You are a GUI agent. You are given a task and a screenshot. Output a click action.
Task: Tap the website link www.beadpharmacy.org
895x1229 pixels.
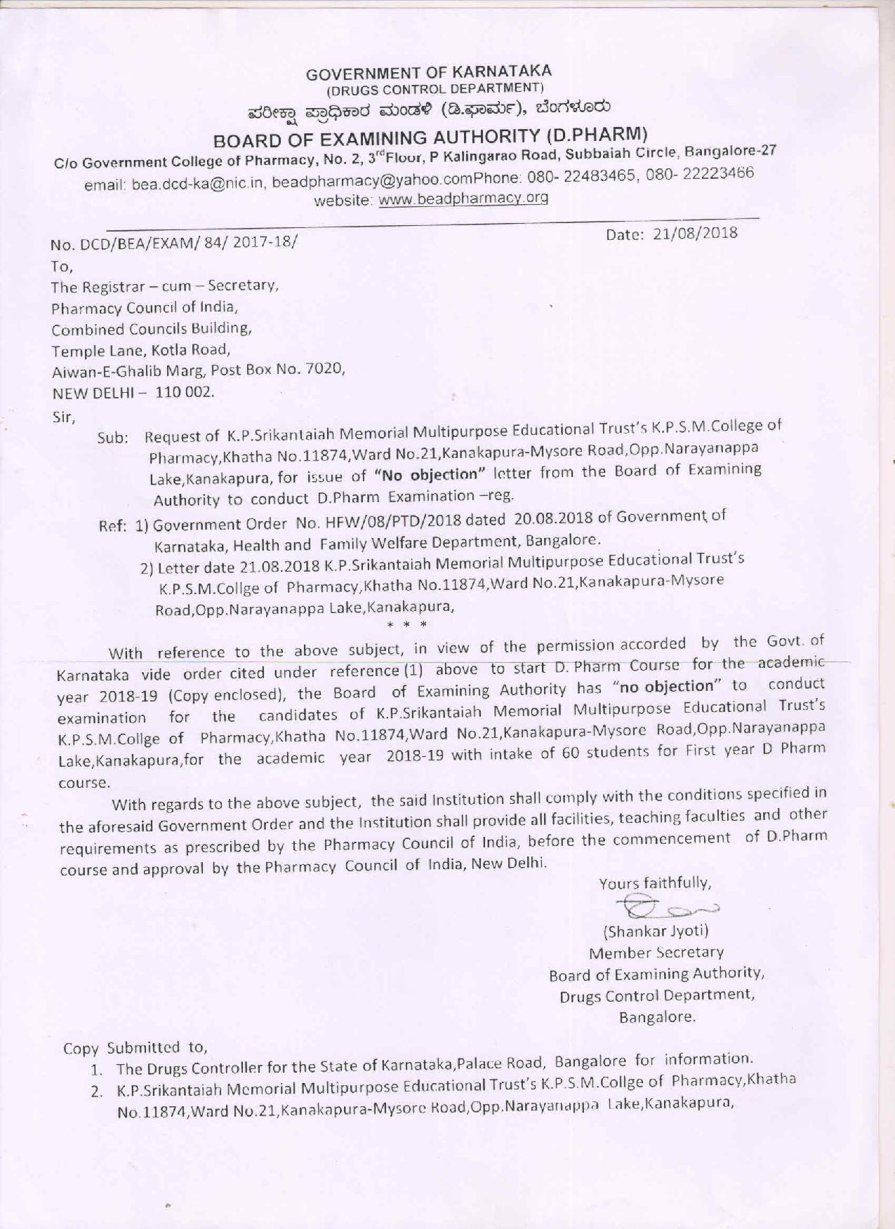[463, 199]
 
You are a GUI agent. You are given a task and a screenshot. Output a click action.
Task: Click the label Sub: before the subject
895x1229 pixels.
[112, 438]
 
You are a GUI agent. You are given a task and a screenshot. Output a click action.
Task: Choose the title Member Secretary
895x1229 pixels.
[656, 953]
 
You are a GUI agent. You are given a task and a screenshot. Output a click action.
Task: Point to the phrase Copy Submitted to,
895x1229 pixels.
[135, 1048]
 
